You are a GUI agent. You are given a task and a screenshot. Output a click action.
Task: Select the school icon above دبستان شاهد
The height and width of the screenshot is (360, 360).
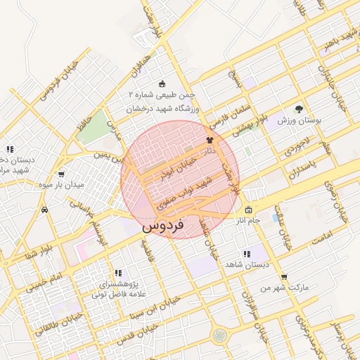[245, 254]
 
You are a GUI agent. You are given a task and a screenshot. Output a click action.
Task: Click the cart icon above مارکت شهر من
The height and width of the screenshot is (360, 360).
[283, 277]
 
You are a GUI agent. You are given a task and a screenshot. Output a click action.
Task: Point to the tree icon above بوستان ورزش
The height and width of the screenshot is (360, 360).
[299, 109]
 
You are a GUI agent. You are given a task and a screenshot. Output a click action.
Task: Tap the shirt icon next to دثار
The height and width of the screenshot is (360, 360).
[210, 141]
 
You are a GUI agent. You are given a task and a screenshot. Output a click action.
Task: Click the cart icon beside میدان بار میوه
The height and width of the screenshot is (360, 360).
[61, 174]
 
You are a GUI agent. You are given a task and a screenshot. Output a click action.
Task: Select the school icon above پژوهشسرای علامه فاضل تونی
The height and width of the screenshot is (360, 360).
[118, 272]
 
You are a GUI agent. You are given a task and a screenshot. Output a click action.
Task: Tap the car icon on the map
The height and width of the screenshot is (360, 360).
[44, 210]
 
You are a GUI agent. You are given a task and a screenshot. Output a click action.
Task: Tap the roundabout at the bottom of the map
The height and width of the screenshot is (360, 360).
[221, 335]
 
